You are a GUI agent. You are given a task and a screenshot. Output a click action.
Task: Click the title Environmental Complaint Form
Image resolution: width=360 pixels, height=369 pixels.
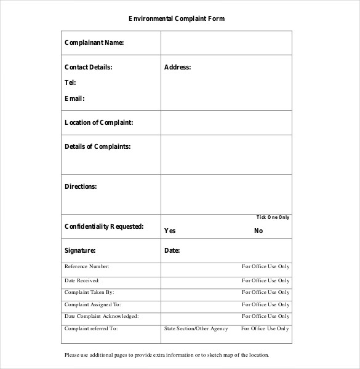coord(177,18)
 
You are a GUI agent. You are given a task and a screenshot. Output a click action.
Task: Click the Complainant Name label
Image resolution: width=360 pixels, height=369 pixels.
coord(94,43)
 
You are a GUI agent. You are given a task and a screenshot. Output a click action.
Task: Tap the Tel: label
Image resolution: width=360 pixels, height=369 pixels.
coord(70,82)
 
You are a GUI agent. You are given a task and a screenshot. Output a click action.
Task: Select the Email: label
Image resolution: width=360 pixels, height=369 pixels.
coord(74,98)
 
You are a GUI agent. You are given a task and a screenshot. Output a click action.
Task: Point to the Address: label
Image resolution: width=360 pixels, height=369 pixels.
coord(177,67)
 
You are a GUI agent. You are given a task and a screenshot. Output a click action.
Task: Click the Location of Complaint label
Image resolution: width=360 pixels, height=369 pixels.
coord(98,122)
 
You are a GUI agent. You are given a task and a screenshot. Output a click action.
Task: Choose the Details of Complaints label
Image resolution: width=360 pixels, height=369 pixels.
coord(97,146)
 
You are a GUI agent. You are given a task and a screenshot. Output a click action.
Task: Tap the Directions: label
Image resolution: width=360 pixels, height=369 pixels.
coord(81,186)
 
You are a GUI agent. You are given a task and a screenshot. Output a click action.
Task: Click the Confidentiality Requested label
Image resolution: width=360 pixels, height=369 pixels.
coord(104,226)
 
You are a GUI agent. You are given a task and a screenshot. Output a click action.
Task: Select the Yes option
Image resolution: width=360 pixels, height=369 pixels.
coord(170,231)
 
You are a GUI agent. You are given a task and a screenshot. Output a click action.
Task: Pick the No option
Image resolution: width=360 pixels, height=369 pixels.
coord(258,231)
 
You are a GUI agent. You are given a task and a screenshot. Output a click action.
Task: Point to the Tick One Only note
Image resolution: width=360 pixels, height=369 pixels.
coord(273,217)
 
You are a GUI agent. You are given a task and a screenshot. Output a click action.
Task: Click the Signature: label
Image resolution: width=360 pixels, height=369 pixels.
coord(80,250)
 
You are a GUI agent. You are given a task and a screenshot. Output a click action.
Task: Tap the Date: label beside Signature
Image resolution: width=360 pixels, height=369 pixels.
coord(172,250)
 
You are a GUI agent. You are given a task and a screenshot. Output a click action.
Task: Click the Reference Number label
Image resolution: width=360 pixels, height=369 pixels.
coord(87,267)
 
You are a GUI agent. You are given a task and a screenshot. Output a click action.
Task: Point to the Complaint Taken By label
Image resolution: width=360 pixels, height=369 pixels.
coord(89,292)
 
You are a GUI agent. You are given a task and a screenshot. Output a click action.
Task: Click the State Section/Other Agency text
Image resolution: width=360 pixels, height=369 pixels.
coord(196,329)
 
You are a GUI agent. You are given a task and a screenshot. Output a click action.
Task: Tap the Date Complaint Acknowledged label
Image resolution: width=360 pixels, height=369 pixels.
coord(102,316)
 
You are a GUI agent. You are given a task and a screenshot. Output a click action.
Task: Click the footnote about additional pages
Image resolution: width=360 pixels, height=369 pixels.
coord(167,355)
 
